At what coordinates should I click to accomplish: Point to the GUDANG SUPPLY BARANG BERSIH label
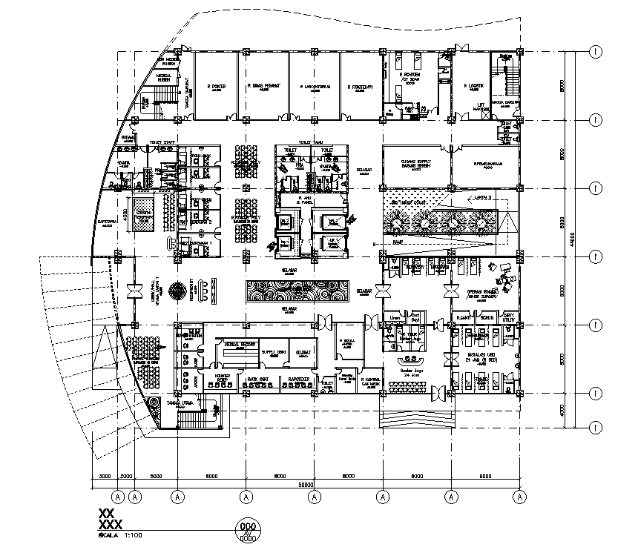tap(415, 165)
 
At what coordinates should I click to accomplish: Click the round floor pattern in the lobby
tap(178, 290)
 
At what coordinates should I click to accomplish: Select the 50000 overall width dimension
tap(307, 485)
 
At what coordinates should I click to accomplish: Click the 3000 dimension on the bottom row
tap(105, 476)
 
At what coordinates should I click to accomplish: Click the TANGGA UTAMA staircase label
tap(180, 405)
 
